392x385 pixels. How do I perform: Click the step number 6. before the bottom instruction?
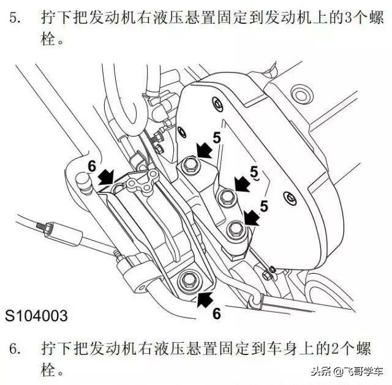[16, 349]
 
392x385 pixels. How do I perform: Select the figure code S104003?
[37, 316]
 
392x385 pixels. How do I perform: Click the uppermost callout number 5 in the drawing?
[217, 138]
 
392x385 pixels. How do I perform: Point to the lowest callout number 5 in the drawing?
[265, 207]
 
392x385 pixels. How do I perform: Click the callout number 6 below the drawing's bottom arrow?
[216, 314]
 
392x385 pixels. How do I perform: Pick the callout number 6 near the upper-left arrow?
[92, 166]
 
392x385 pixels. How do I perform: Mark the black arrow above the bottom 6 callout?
[206, 299]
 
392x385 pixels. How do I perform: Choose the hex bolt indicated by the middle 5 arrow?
[226, 196]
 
